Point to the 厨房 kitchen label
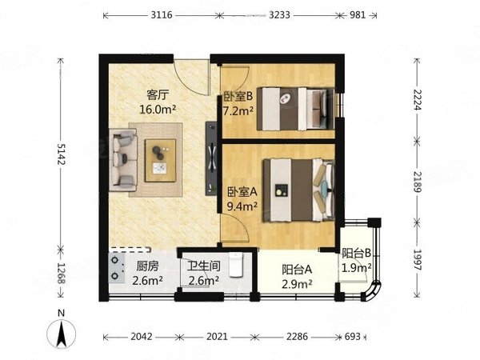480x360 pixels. point(146,267)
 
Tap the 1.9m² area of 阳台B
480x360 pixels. point(356,268)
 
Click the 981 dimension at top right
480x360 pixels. point(361,14)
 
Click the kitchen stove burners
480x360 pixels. point(118,270)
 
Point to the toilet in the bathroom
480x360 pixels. point(235,264)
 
